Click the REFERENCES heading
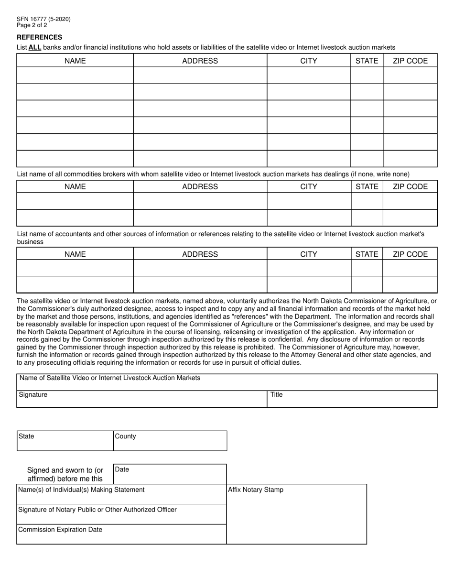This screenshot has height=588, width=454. pyautogui.click(x=39, y=37)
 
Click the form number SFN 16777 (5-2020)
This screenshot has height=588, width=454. pyautogui.click(x=43, y=19)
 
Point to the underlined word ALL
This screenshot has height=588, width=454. pyautogui.click(x=35, y=47)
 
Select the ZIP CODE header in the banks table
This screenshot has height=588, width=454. pyautogui.click(x=410, y=61)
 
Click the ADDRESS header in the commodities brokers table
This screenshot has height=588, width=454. pyautogui.click(x=200, y=186)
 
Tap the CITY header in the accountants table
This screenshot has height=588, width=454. pyautogui.click(x=308, y=254)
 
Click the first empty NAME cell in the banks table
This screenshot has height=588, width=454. pyautogui.click(x=75, y=75)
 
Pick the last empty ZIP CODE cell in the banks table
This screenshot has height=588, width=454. pyautogui.click(x=410, y=159)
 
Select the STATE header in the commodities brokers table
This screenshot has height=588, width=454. pyautogui.click(x=367, y=186)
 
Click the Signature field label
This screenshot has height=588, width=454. pyautogui.click(x=33, y=395)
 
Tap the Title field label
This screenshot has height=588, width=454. pyautogui.click(x=277, y=395)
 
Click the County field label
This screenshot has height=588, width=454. pyautogui.click(x=125, y=436)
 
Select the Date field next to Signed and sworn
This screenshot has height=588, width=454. pyautogui.click(x=170, y=474)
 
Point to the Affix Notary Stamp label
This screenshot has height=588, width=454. pyautogui.click(x=256, y=490)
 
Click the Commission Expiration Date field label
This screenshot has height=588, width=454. pyautogui.click(x=60, y=530)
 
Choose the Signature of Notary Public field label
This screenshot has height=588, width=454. pyautogui.click(x=97, y=510)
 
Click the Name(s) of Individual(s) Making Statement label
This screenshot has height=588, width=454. pyautogui.click(x=81, y=490)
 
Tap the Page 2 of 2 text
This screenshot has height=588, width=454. pyautogui.click(x=32, y=25)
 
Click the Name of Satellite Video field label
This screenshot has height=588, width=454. pyautogui.click(x=109, y=378)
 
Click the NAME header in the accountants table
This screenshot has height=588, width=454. pyautogui.click(x=75, y=254)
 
